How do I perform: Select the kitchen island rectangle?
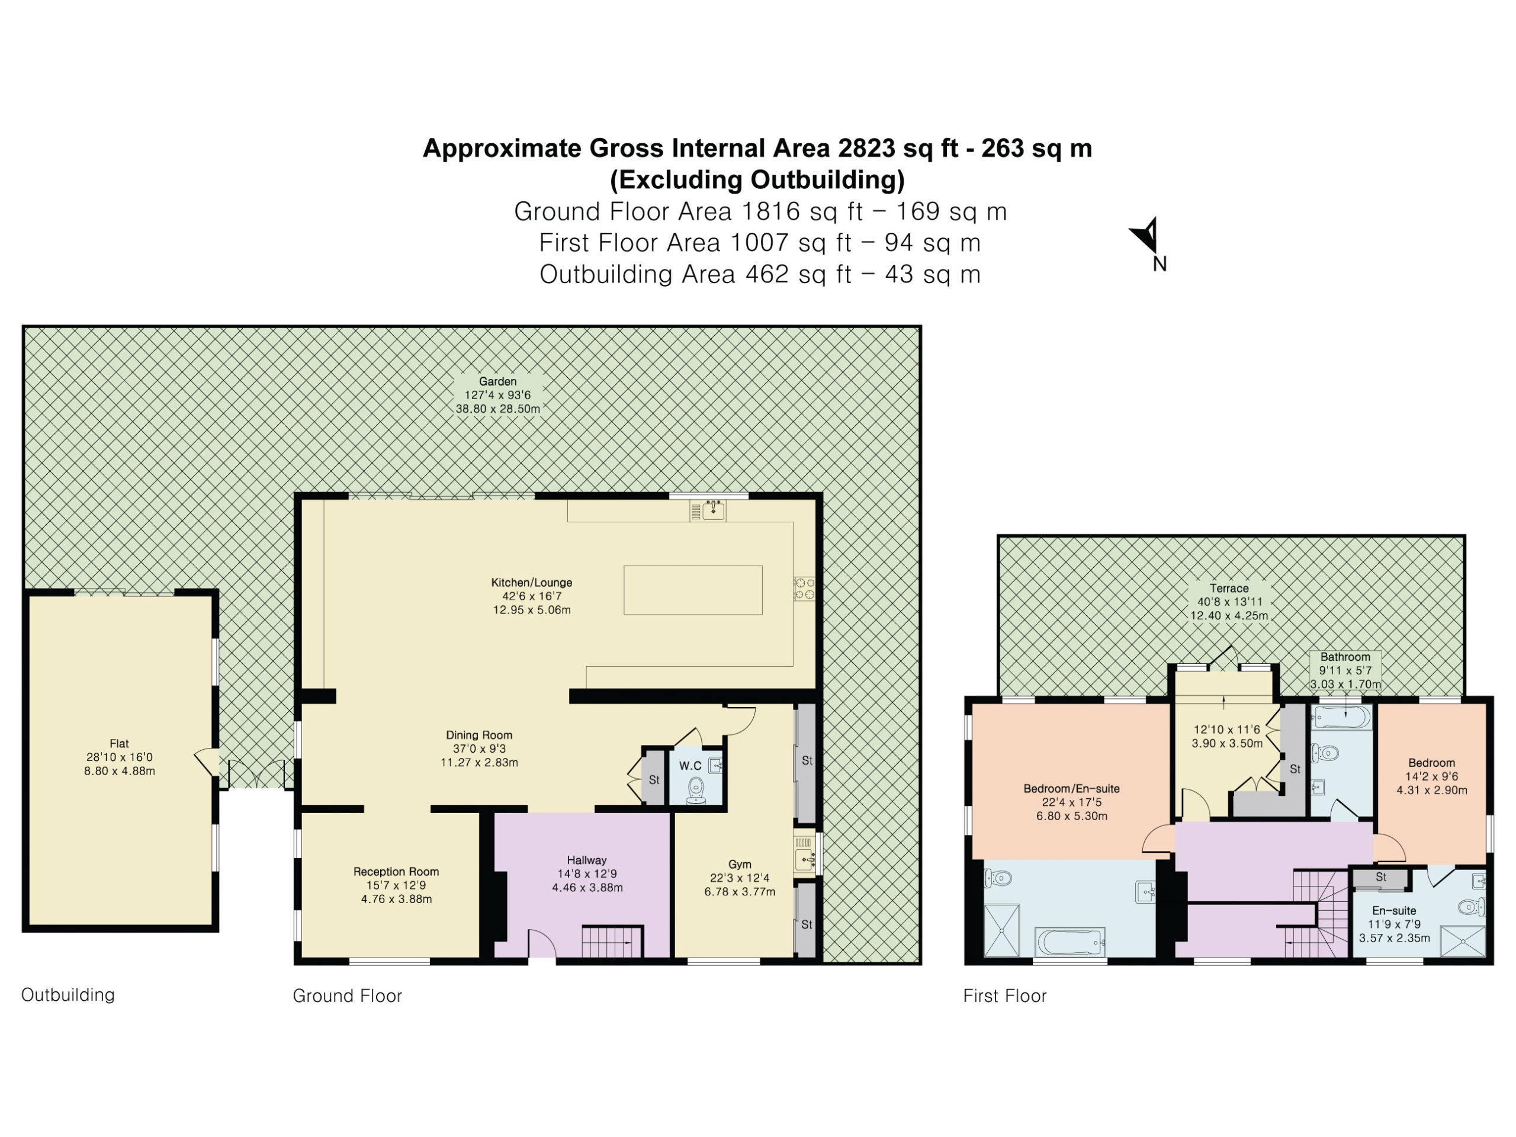pos(693,590)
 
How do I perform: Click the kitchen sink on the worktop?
pos(714,510)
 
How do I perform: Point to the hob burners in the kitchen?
pos(805,589)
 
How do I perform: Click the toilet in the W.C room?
pos(696,790)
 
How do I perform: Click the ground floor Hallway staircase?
pos(612,942)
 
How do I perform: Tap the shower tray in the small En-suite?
pos(1463,940)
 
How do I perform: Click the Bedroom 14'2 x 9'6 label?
pos(1432,776)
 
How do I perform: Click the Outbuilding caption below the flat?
pos(68,994)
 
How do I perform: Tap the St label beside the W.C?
pos(654,780)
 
